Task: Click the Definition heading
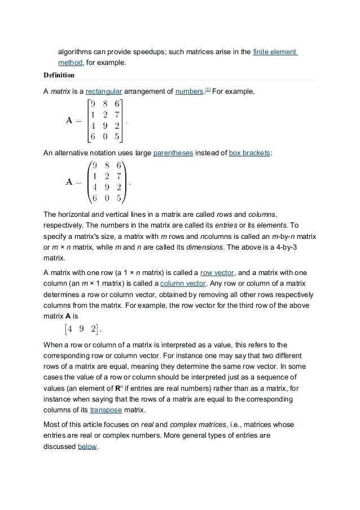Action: click(59, 75)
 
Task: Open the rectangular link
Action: click(103, 91)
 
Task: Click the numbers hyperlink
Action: click(189, 91)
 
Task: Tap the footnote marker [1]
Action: click(208, 90)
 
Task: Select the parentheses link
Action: click(173, 153)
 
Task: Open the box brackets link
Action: click(249, 153)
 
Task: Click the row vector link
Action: click(217, 273)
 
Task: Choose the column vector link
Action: click(183, 284)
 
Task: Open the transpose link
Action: click(106, 410)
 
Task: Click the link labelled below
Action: click(87, 446)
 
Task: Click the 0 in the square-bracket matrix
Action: click(106, 137)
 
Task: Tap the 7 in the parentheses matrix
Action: click(118, 176)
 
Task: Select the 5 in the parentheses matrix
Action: click(118, 198)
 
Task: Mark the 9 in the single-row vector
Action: click(81, 329)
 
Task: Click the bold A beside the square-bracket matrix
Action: click(69, 120)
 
